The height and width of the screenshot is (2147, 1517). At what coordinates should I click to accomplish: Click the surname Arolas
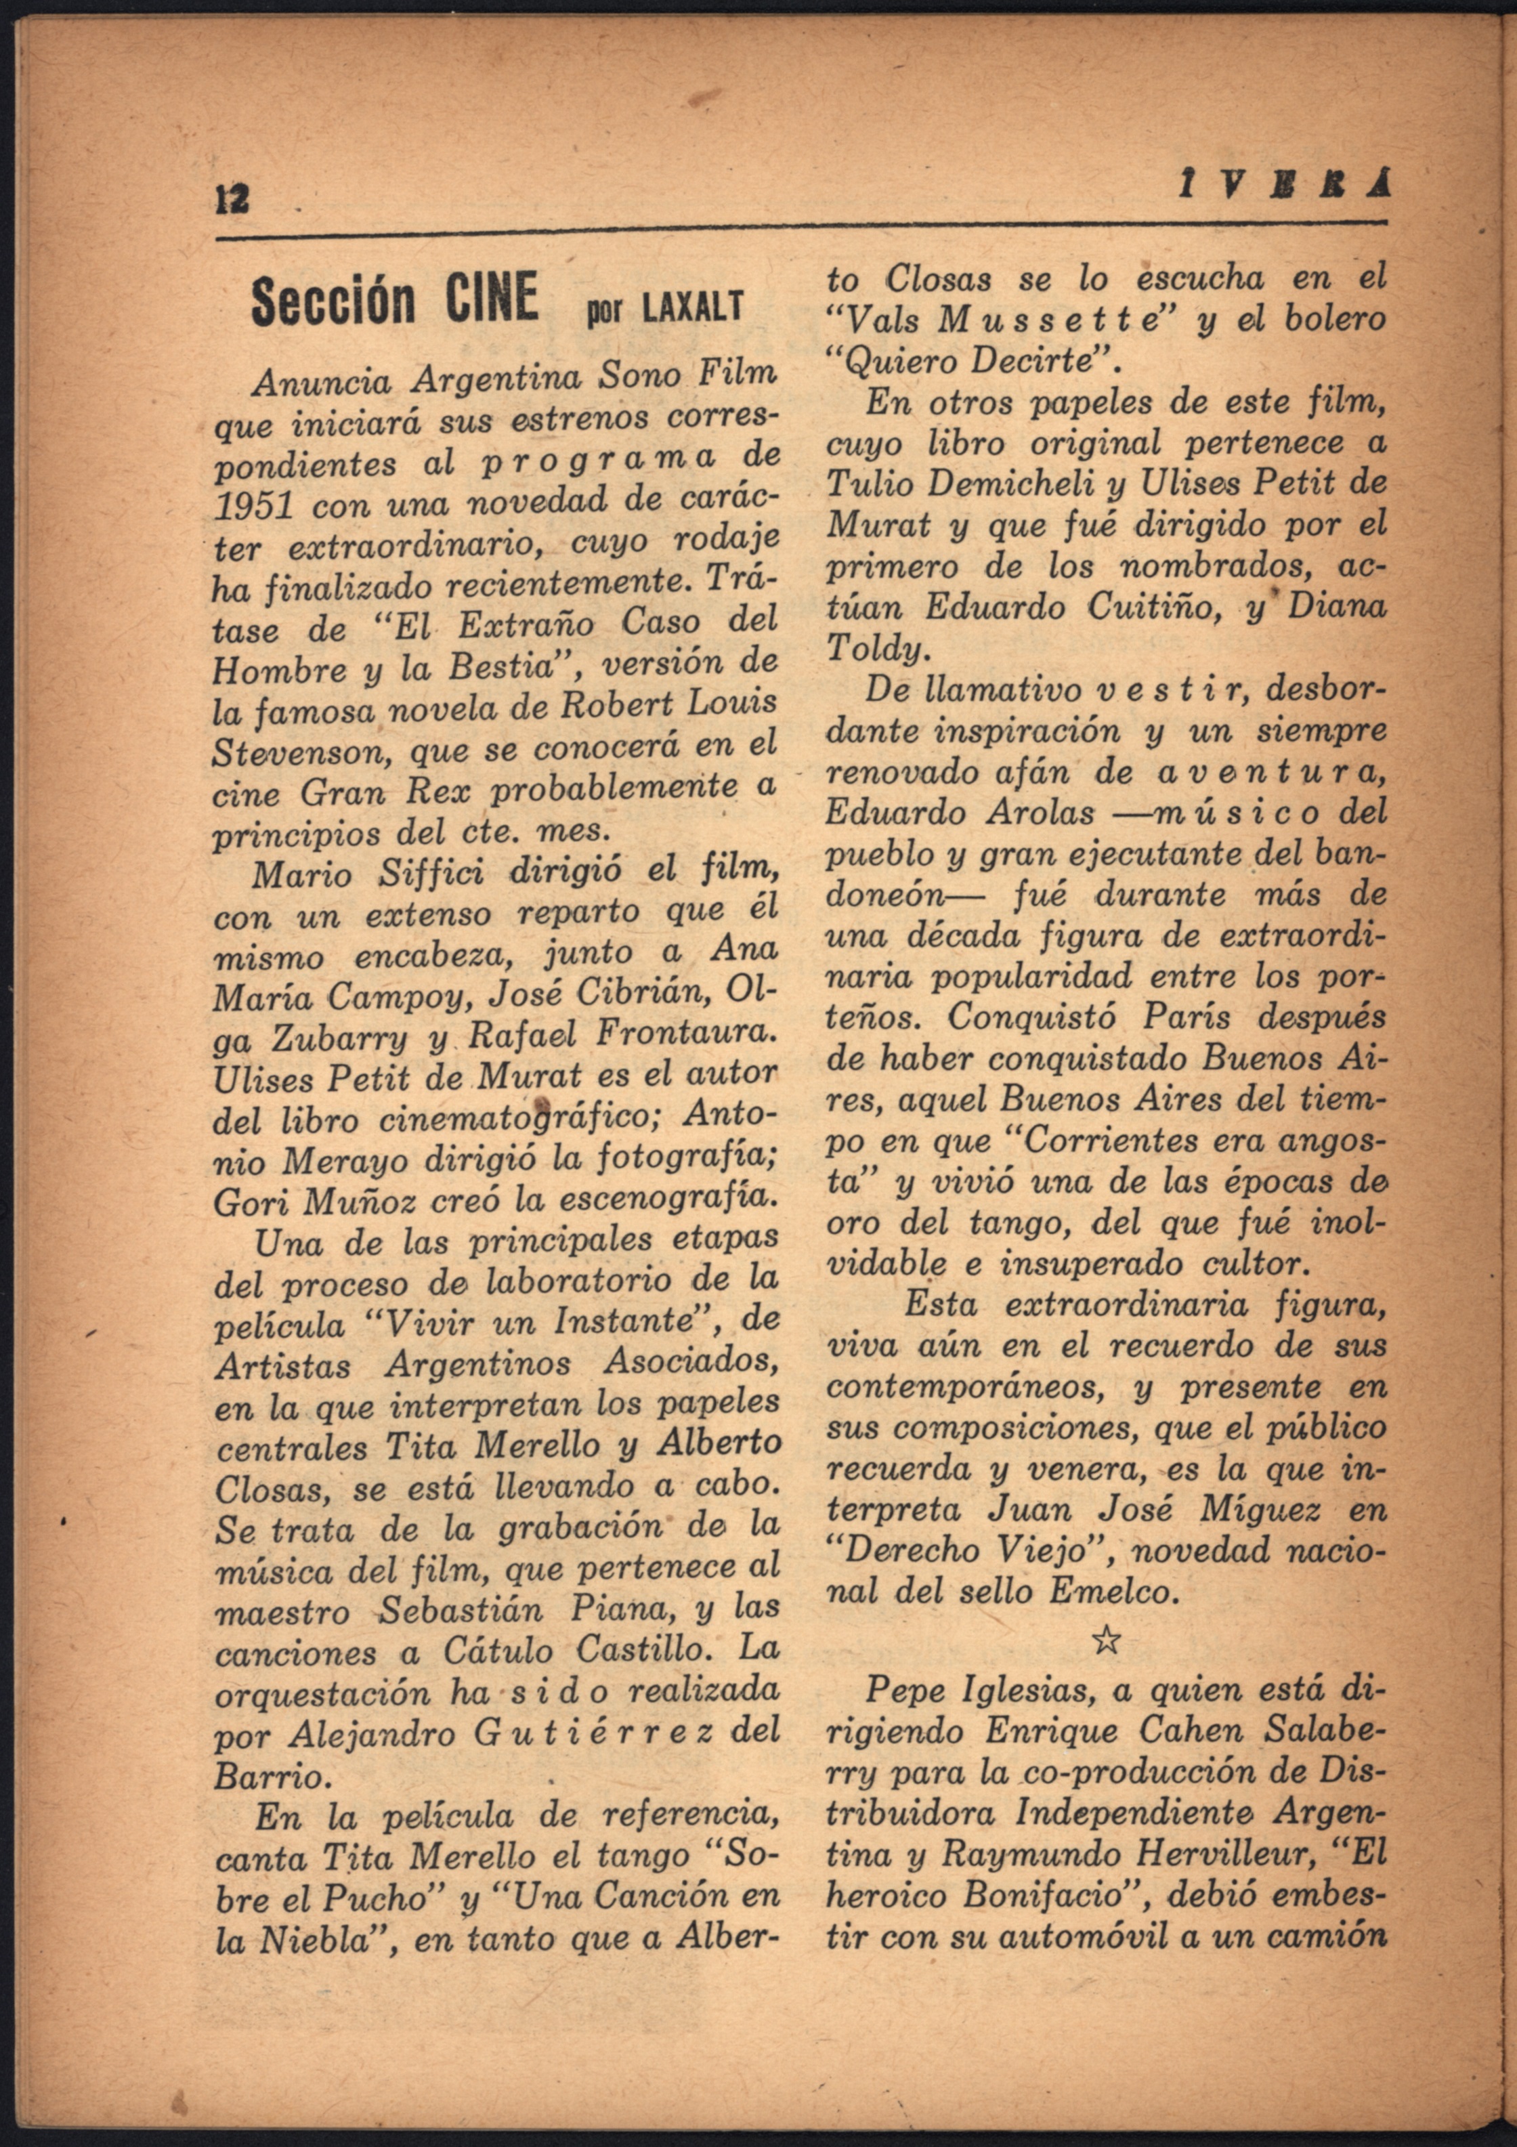(1039, 813)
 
